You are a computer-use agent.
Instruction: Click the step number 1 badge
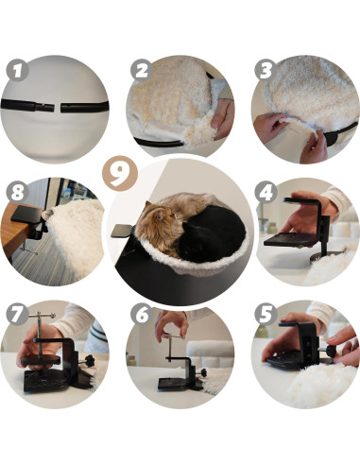click(18, 70)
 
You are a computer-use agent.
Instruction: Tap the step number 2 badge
click(142, 70)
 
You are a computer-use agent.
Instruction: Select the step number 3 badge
click(266, 70)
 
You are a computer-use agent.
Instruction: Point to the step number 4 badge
click(266, 192)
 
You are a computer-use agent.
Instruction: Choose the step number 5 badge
click(266, 314)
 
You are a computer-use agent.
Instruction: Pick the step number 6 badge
click(142, 314)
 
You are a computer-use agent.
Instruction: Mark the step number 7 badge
click(18, 314)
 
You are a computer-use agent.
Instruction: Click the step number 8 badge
click(18, 192)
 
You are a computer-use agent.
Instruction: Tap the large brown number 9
click(120, 174)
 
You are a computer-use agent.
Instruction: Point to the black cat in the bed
click(211, 233)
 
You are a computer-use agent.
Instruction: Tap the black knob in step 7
click(90, 360)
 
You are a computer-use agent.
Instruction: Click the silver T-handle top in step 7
click(42, 315)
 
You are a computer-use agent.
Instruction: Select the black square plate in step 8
click(26, 214)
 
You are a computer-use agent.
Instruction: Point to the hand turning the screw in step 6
click(172, 325)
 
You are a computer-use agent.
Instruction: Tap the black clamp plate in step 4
click(285, 240)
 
